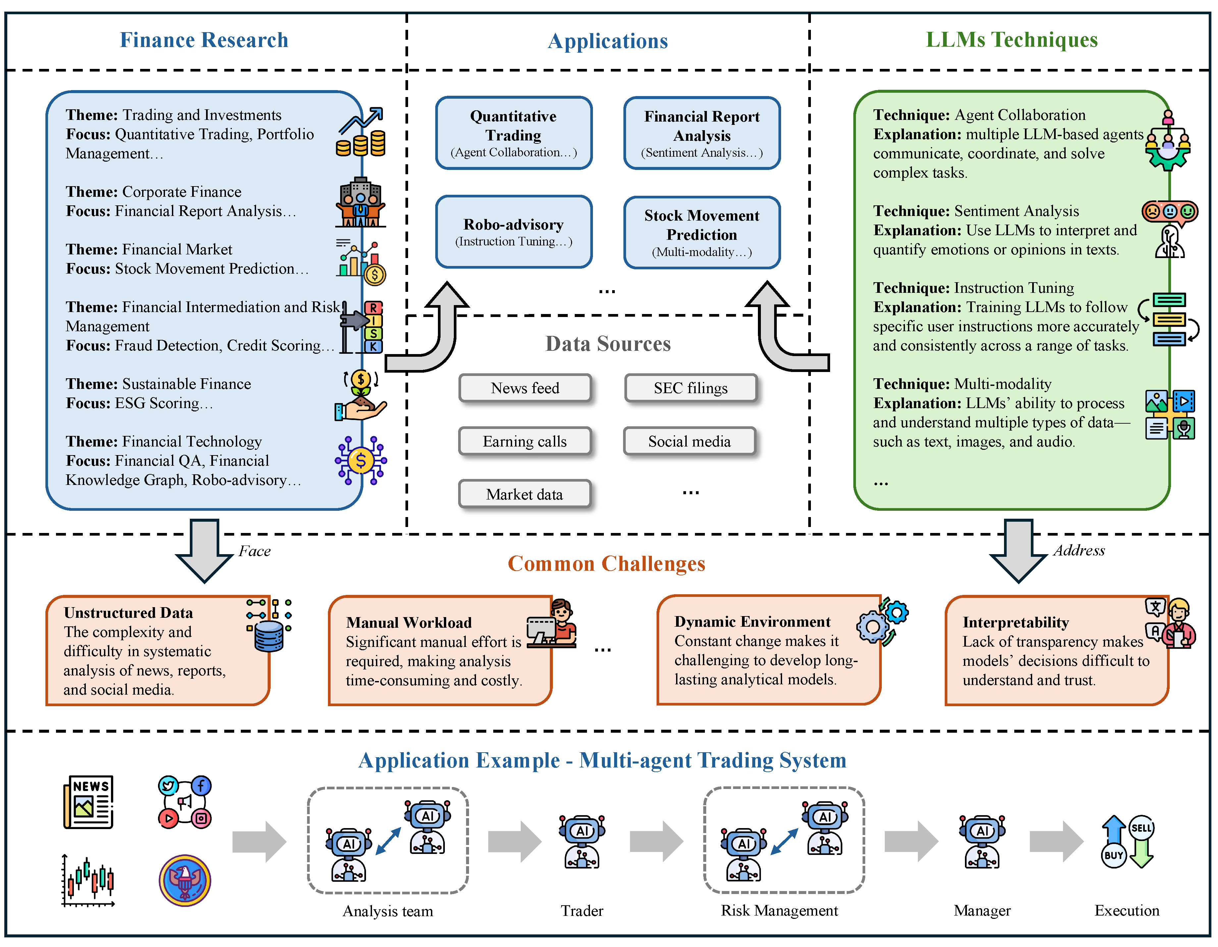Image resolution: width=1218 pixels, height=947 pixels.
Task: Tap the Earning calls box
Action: point(525,441)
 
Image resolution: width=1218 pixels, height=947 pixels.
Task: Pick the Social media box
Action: point(689,441)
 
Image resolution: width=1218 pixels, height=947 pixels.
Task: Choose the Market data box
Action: point(524,494)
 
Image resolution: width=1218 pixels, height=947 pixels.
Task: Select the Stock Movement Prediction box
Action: point(702,232)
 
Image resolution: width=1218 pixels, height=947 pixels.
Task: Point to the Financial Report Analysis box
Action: point(702,133)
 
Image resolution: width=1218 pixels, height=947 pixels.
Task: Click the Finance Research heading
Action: point(204,40)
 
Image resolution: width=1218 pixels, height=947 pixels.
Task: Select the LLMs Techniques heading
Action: point(1012,40)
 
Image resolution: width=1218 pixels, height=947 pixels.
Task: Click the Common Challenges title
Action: point(606,563)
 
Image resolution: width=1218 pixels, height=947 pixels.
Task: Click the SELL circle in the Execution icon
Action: point(1141,828)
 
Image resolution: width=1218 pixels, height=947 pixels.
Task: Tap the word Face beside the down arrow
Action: point(254,551)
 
